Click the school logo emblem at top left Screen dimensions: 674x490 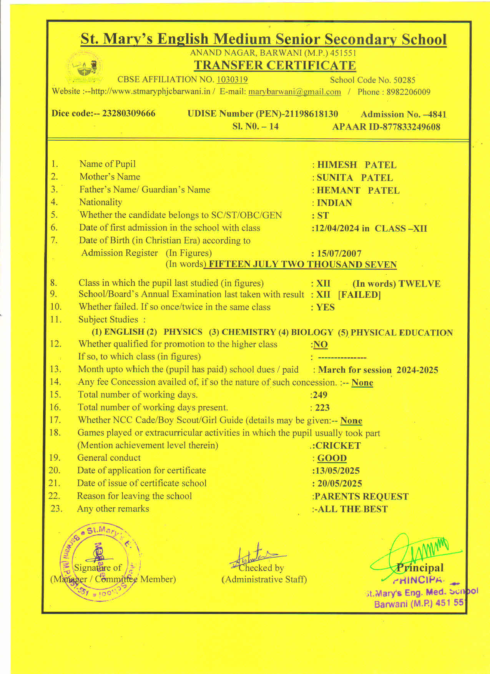point(84,68)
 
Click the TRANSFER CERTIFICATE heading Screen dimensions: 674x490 point(275,65)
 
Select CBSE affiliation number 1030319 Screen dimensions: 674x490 point(232,80)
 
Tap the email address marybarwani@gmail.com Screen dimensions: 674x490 point(295,92)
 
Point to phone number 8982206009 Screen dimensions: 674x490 point(408,92)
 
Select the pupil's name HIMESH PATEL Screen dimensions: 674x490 point(357,165)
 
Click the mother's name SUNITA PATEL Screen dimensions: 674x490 point(355,178)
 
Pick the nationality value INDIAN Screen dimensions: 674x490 point(334,203)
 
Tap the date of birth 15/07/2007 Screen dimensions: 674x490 point(339,254)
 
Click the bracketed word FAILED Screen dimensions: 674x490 point(359,295)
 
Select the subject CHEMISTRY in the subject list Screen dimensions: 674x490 point(249,332)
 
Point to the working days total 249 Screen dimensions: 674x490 point(320,395)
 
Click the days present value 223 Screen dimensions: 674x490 point(322,408)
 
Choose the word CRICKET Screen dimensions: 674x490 point(338,446)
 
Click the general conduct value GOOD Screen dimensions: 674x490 point(332,458)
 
